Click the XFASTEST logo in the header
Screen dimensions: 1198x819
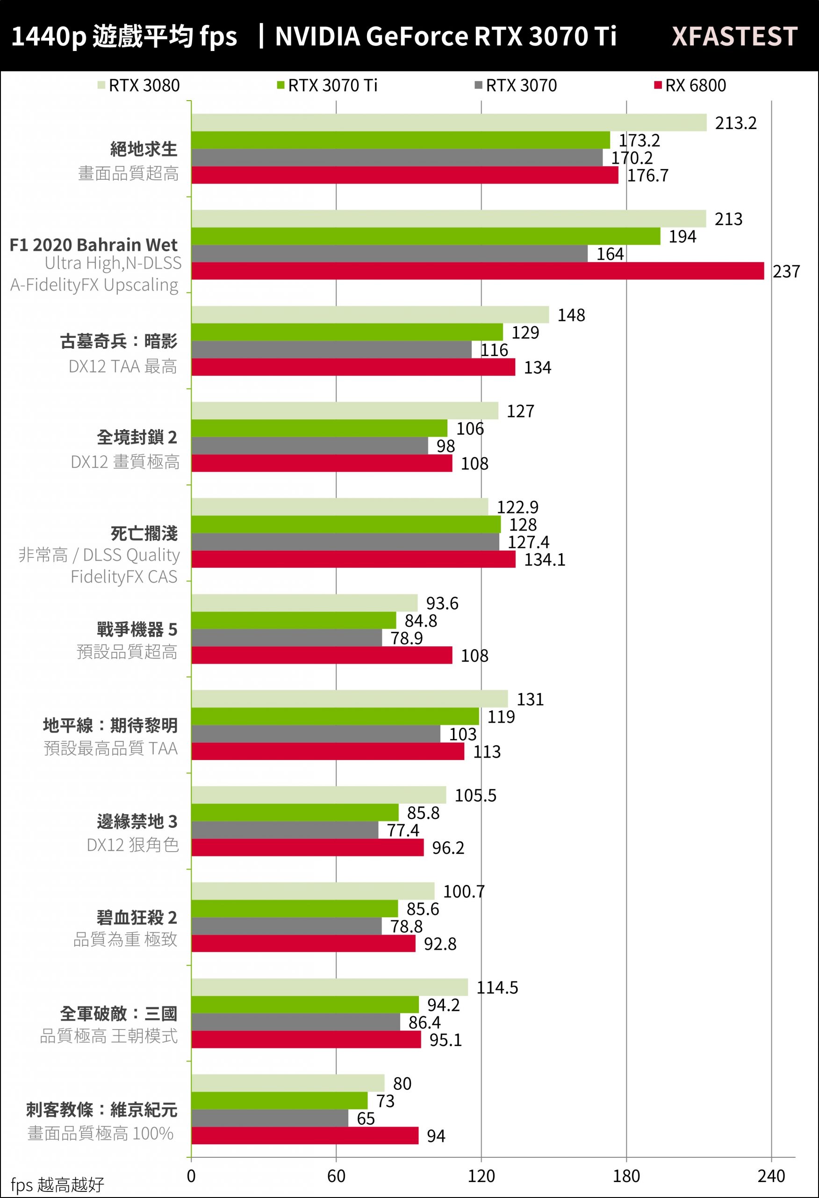pyautogui.click(x=734, y=37)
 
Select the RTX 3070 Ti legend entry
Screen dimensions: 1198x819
pyautogui.click(x=328, y=86)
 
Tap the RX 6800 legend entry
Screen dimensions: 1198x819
pyautogui.click(x=690, y=86)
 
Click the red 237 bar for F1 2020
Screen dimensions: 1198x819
pyautogui.click(x=477, y=271)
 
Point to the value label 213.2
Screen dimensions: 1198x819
pyautogui.click(x=735, y=123)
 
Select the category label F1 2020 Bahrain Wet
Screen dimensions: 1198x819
pyautogui.click(x=94, y=245)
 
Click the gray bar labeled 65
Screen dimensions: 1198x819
pyautogui.click(x=269, y=1118)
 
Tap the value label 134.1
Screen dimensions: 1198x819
pyautogui.click(x=545, y=560)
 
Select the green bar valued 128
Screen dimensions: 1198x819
pyautogui.click(x=345, y=525)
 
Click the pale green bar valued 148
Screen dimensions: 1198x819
pyautogui.click(x=370, y=315)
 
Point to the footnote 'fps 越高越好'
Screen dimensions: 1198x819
pyautogui.click(x=57, y=1184)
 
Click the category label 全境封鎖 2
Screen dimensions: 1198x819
pyautogui.click(x=137, y=437)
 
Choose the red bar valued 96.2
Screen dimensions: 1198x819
pyautogui.click(x=307, y=847)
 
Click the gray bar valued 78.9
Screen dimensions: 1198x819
pyautogui.click(x=287, y=638)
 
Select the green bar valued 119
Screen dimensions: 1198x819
pyautogui.click(x=335, y=716)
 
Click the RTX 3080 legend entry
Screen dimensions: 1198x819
pyautogui.click(x=139, y=86)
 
